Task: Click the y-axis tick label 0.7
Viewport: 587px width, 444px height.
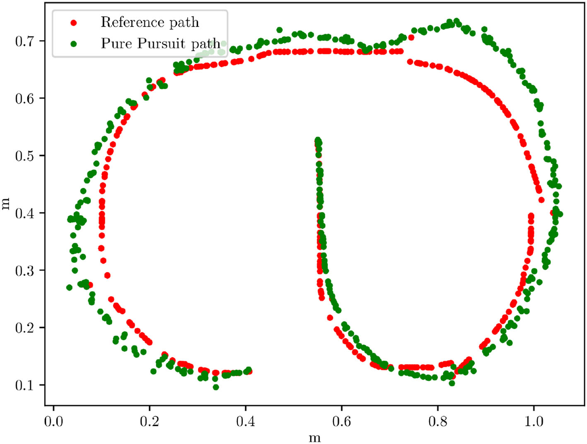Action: [24, 41]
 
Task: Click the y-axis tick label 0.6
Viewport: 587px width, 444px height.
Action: [24, 98]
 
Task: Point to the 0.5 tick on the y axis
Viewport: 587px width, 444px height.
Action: [24, 156]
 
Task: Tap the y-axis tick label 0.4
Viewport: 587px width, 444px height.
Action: [24, 213]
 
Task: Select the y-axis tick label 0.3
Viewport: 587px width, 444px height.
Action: [24, 271]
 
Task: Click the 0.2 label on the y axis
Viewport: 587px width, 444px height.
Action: [24, 328]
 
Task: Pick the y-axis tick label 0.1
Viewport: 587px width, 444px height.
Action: [24, 385]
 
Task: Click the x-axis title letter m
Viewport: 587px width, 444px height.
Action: [315, 438]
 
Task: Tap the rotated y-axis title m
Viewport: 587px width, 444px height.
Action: [5, 204]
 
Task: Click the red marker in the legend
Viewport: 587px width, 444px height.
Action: [74, 23]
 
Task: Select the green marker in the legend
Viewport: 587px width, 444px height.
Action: [74, 44]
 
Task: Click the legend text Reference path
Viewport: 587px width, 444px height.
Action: [150, 22]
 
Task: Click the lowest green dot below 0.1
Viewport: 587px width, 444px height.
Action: [216, 387]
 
